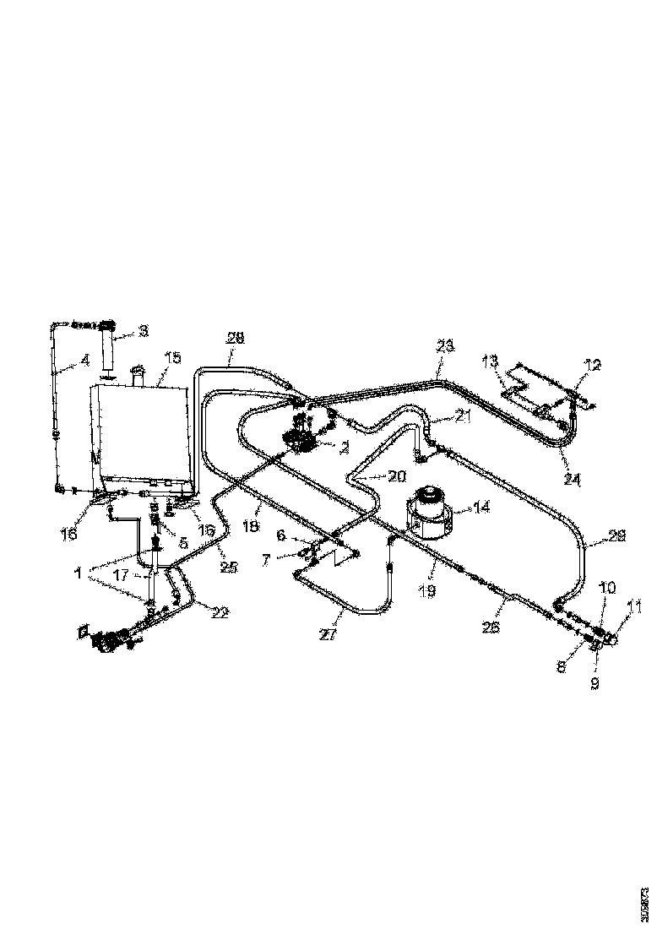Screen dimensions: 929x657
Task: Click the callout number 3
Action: tap(143, 330)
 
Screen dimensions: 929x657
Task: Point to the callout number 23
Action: tap(444, 345)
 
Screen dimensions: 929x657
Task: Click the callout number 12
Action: tap(593, 364)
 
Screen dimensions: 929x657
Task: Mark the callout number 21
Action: tap(460, 416)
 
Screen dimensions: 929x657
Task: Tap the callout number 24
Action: tap(573, 480)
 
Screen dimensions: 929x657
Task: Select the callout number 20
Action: tap(396, 476)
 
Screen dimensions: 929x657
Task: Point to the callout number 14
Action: tap(481, 508)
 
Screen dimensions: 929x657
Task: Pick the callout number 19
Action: tap(427, 592)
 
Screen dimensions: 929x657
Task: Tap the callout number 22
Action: tap(219, 612)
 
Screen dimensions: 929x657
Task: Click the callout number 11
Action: tap(634, 606)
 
